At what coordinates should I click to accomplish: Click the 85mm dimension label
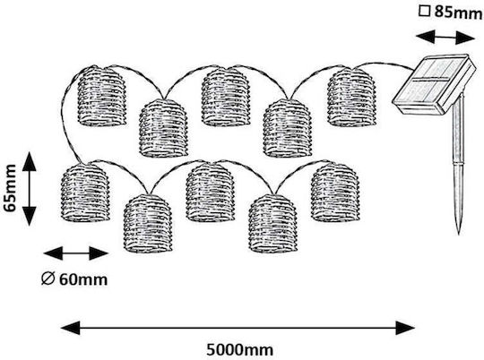click(458, 13)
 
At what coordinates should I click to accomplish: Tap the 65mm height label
click(10, 188)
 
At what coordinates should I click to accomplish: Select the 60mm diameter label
click(83, 279)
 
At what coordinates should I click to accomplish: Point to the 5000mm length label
click(240, 350)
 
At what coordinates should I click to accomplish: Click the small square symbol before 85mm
click(424, 12)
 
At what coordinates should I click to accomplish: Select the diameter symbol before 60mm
click(48, 279)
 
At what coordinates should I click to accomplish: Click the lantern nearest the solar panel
click(351, 98)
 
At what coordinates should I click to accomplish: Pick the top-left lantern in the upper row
click(102, 96)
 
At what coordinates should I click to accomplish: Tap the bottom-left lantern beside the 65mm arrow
click(85, 193)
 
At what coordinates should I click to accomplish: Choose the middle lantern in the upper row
click(226, 97)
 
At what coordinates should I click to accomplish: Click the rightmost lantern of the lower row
click(335, 192)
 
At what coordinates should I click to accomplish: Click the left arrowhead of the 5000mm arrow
click(71, 328)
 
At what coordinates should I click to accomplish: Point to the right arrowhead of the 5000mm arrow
click(405, 328)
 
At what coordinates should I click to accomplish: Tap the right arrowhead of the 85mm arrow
click(465, 38)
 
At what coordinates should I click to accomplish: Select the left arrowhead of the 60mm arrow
click(53, 253)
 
